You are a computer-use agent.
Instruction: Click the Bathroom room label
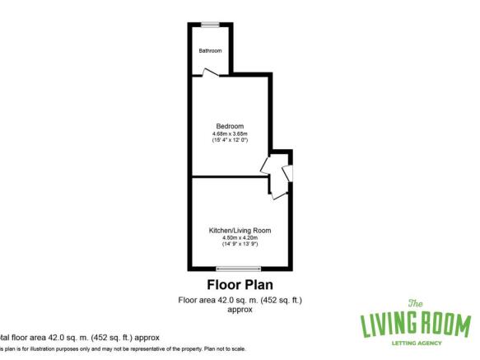click(x=210, y=51)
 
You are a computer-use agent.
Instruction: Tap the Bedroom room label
click(x=231, y=125)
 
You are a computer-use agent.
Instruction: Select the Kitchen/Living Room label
click(x=240, y=230)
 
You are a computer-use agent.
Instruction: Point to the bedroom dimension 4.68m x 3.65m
click(x=231, y=133)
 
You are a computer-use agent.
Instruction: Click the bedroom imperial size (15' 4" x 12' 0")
click(x=231, y=141)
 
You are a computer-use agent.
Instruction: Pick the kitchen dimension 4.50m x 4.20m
click(x=240, y=238)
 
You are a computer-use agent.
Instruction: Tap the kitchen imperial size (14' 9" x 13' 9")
click(x=240, y=245)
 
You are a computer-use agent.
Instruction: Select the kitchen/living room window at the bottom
click(x=239, y=269)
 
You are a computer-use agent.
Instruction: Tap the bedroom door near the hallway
click(x=266, y=164)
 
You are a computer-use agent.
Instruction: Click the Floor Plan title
click(x=240, y=285)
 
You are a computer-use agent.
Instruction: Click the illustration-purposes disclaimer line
click(x=123, y=348)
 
